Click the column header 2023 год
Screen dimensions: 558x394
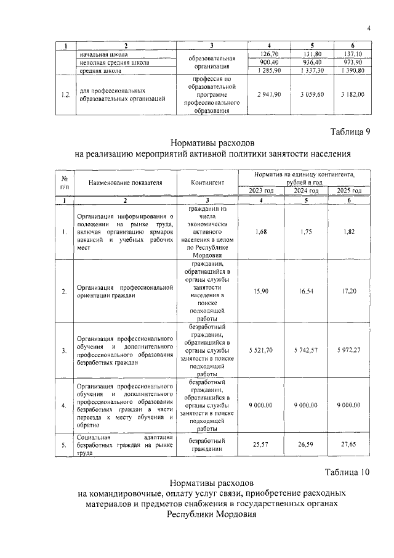261,191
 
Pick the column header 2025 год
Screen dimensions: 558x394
349,191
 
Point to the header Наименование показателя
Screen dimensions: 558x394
124,183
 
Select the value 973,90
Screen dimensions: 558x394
353,62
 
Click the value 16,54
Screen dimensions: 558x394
305,290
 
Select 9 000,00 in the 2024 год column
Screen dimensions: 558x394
305,404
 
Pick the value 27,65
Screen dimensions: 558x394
349,445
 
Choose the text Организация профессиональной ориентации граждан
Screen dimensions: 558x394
124,290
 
